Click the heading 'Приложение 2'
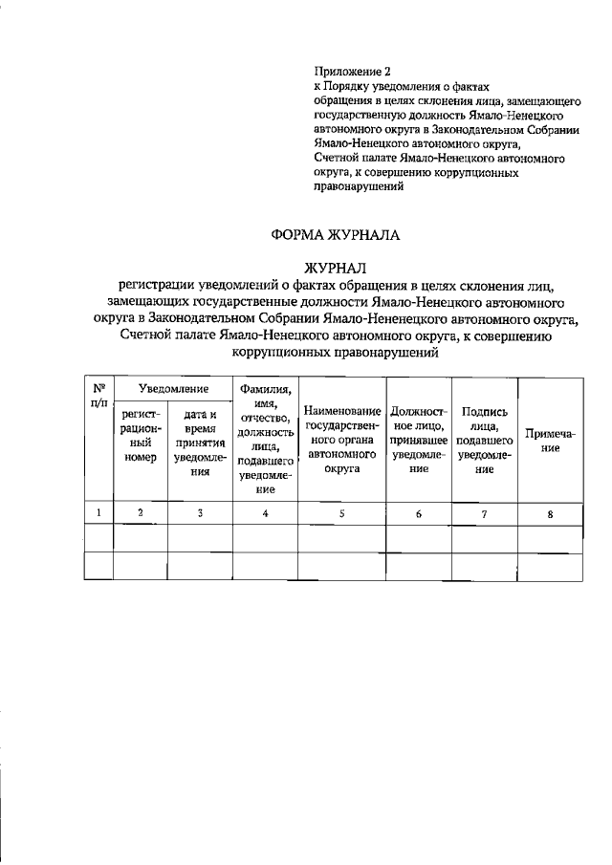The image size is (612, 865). click(353, 71)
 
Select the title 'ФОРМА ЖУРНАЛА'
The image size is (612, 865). click(331, 234)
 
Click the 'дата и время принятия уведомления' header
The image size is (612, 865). click(200, 443)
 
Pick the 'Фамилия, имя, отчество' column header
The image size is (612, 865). click(266, 436)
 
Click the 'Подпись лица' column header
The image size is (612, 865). click(484, 440)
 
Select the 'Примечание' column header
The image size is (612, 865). click(550, 441)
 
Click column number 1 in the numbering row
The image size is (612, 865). click(98, 513)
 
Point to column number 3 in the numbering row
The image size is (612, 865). click(200, 513)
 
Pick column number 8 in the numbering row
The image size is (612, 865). click(550, 514)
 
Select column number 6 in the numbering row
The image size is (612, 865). click(418, 514)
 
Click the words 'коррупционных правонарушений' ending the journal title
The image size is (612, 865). click(331, 353)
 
